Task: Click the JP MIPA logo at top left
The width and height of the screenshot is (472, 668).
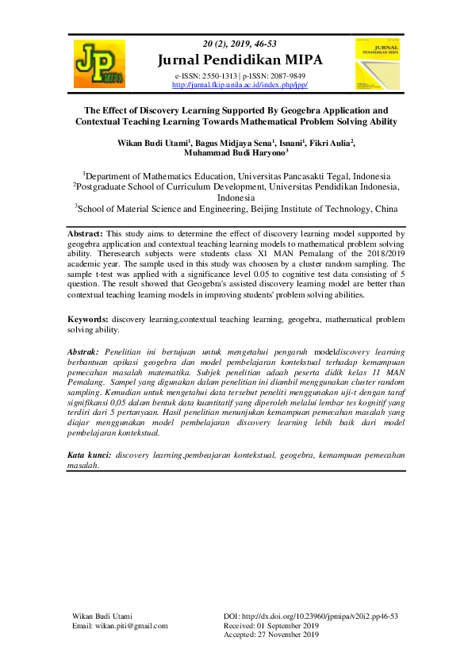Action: [x=99, y=63]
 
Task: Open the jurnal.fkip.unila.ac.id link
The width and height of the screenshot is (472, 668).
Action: [x=239, y=85]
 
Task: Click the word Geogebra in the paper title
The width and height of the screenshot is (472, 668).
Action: [x=274, y=110]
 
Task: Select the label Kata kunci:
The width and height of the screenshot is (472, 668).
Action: [x=87, y=455]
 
